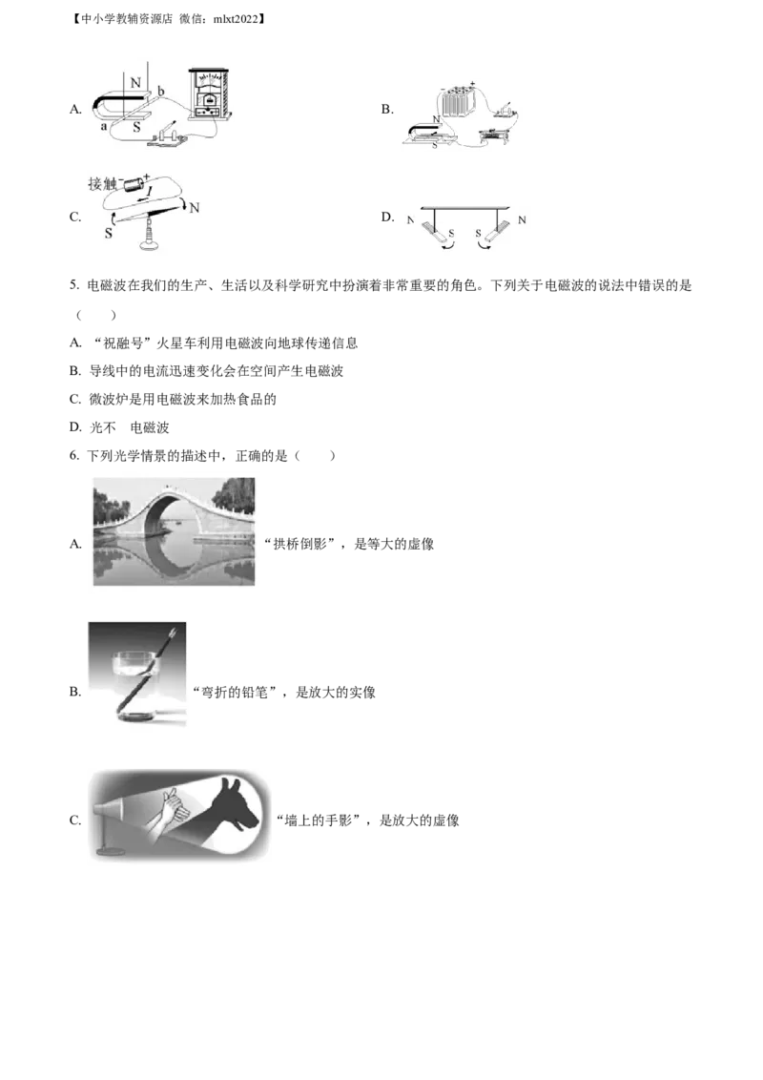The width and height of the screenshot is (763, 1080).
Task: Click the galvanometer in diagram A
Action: [x=209, y=93]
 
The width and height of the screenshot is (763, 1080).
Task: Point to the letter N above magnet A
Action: [x=135, y=83]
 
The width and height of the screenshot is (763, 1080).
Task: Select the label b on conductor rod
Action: [x=161, y=91]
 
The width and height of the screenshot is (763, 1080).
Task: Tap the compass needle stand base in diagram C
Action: [x=147, y=241]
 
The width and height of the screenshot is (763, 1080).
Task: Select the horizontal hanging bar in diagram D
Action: [x=466, y=207]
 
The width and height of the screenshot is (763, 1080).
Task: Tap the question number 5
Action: [x=74, y=285]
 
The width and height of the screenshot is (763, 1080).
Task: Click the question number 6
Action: [x=74, y=455]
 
